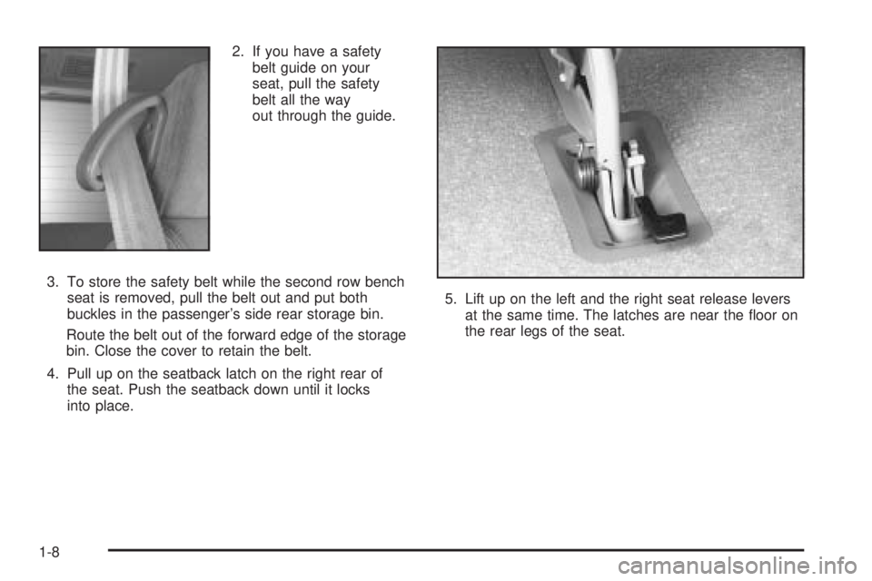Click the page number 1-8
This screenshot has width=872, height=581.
pyautogui.click(x=49, y=552)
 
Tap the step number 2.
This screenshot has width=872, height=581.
pyautogui.click(x=238, y=52)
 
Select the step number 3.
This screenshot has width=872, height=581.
pyautogui.click(x=53, y=282)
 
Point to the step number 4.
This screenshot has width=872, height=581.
pyautogui.click(x=53, y=374)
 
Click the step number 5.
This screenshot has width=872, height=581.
pyautogui.click(x=451, y=300)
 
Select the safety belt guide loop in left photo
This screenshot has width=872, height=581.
pyautogui.click(x=114, y=145)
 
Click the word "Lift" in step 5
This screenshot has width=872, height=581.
pyautogui.click(x=474, y=300)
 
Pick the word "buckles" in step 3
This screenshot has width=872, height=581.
pyautogui.click(x=90, y=314)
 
